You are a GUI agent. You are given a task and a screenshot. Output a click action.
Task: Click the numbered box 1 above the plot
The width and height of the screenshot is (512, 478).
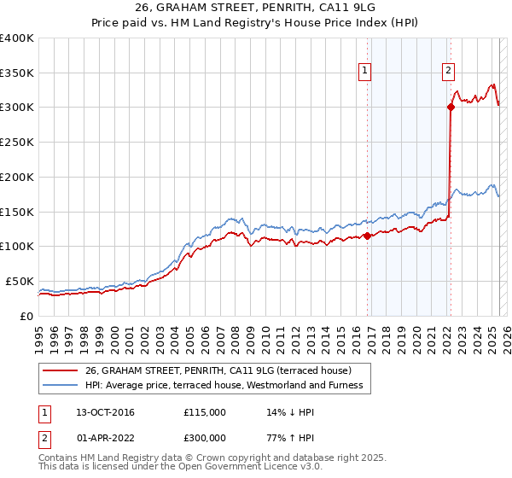coord(365,72)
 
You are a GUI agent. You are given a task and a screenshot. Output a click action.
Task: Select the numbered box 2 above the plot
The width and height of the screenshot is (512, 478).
coord(448,72)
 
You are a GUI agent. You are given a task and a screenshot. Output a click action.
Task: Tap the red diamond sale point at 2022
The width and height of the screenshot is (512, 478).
coord(451,107)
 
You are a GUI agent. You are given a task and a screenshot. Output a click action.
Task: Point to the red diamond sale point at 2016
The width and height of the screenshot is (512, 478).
coord(368,236)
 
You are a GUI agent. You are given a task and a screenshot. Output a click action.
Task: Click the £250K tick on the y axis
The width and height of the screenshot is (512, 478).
coord(17,143)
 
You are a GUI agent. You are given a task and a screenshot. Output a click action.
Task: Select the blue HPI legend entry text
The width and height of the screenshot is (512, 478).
coord(224,385)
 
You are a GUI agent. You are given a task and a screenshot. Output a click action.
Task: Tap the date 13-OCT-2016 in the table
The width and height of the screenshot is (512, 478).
coord(106,412)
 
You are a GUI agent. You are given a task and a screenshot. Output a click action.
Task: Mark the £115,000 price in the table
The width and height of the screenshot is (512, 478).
coord(204,412)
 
